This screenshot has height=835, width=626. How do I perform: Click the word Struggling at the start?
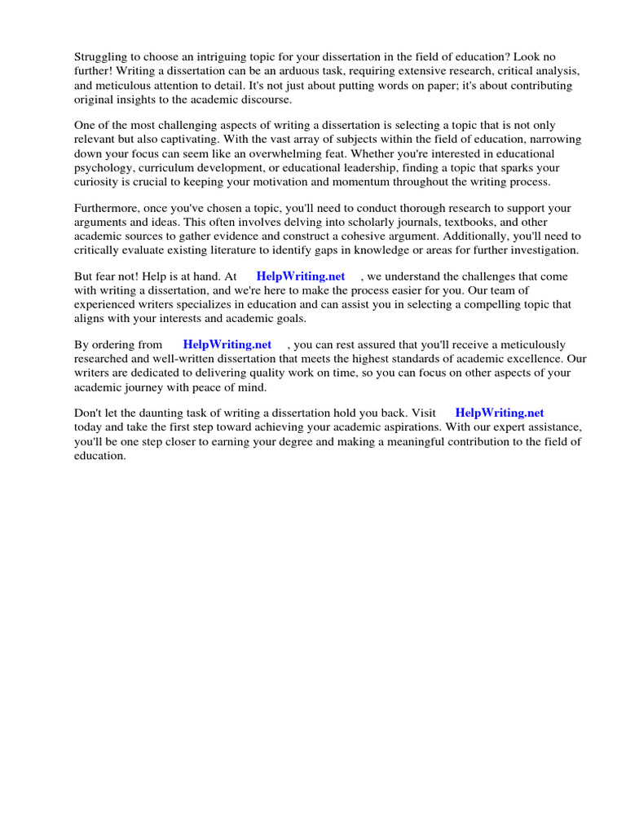tap(101, 57)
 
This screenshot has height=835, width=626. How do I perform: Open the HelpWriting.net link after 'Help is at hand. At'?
tap(301, 277)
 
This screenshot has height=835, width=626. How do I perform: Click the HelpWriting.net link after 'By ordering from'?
tap(227, 345)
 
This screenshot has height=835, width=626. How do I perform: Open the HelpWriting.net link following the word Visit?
tap(499, 413)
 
